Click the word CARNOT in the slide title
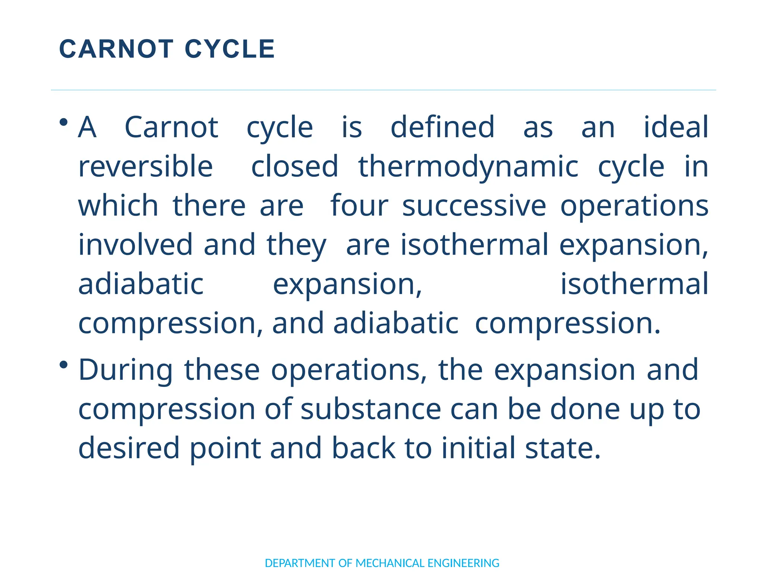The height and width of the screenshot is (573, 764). click(116, 49)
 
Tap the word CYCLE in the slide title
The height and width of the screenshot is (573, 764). click(230, 49)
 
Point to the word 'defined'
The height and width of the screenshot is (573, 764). click(442, 127)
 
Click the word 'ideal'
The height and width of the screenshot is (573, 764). click(676, 127)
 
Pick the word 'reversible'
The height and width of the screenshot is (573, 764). click(145, 166)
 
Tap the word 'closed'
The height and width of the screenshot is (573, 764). click(294, 166)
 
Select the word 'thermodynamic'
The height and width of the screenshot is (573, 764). click(468, 167)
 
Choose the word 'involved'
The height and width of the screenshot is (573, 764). click(135, 245)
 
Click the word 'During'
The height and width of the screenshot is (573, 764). click(125, 370)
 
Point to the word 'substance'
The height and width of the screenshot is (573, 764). click(371, 409)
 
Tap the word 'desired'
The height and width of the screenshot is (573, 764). click(129, 448)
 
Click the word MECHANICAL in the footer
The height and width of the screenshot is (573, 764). click(390, 563)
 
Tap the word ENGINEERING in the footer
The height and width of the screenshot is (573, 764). click(463, 563)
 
